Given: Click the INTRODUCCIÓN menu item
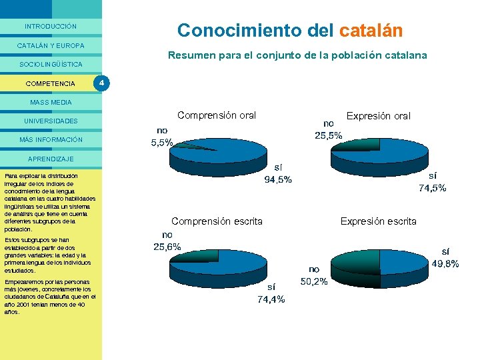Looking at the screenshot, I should click(x=51, y=27).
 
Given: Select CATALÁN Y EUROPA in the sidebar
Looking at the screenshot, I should click(x=51, y=45).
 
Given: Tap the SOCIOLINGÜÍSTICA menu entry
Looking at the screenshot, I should click(x=51, y=65).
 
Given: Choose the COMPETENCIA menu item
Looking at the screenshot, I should click(x=50, y=83).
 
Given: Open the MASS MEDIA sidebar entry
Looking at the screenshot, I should click(x=51, y=102).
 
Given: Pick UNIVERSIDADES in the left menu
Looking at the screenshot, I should click(x=51, y=121).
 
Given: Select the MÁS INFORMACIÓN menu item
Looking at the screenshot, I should click(x=51, y=140).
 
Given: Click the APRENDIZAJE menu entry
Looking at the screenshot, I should click(x=51, y=159).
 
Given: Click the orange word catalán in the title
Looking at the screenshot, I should click(x=371, y=31).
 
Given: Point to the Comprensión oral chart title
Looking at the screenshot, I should click(x=217, y=115).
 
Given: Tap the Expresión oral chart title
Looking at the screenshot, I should click(x=379, y=116).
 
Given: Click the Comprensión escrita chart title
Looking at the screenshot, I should click(x=217, y=221).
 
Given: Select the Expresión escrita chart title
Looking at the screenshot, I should click(x=378, y=221).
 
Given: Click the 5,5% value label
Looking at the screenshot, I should click(x=163, y=142).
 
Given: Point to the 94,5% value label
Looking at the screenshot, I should click(x=278, y=179).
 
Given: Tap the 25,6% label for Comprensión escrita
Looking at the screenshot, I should click(x=167, y=247).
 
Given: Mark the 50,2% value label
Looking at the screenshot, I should click(x=314, y=281).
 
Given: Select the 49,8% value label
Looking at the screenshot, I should click(x=445, y=263).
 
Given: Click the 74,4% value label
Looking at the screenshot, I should click(x=271, y=299).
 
